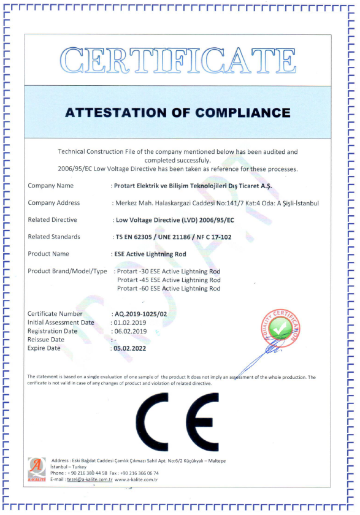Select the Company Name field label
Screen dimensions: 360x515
click(51, 186)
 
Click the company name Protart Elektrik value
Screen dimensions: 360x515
click(193, 186)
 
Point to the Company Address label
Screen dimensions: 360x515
click(54, 203)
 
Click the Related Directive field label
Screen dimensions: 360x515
click(53, 219)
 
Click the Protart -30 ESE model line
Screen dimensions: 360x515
click(169, 271)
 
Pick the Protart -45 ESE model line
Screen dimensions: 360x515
click(169, 280)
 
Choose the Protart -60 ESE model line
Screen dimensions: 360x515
click(169, 288)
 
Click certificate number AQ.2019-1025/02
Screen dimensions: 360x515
click(140, 314)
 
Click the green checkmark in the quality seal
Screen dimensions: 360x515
click(280, 329)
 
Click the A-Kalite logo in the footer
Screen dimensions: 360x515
click(36, 469)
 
